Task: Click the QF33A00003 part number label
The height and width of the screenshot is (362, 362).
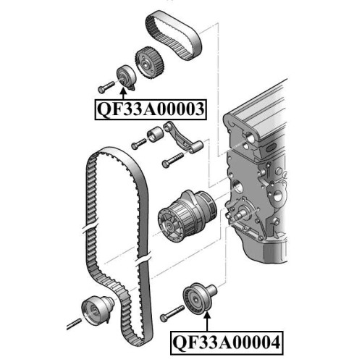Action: click(x=151, y=109)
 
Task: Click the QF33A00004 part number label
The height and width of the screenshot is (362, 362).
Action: click(x=227, y=342)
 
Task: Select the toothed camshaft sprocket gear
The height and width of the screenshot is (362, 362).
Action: click(x=149, y=62)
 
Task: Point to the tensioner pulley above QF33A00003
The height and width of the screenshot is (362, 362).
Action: click(x=126, y=77)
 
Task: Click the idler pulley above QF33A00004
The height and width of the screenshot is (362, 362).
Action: click(x=199, y=299)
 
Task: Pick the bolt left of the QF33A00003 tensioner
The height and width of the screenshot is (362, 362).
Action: click(x=106, y=87)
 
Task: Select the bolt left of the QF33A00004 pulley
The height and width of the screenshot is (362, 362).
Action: click(x=172, y=313)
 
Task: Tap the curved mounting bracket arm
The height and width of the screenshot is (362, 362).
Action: click(x=182, y=139)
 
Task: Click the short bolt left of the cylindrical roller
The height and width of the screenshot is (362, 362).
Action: click(x=139, y=144)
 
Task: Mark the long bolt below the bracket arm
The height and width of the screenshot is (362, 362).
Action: click(x=173, y=160)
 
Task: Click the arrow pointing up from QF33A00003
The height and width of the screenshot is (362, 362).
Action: click(x=123, y=93)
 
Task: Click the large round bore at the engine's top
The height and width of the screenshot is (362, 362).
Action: click(x=250, y=138)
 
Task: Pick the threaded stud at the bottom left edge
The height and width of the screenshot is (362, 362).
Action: click(x=74, y=324)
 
